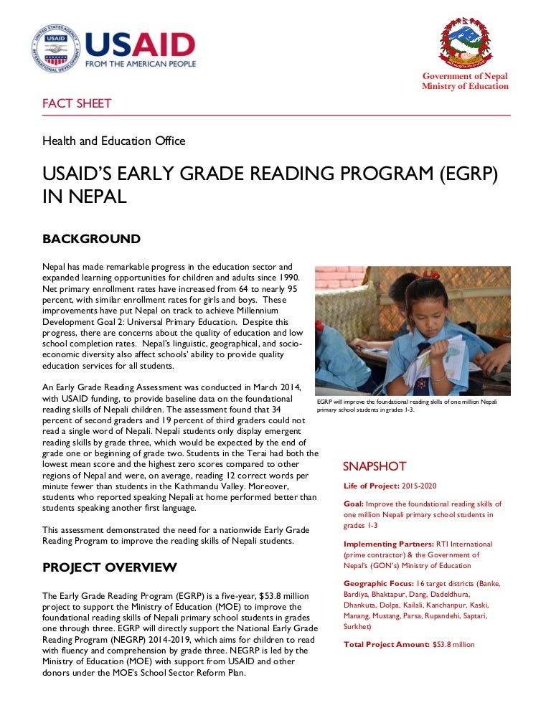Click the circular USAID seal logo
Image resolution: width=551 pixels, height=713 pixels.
point(55,48)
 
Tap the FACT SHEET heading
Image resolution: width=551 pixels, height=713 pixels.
point(77,103)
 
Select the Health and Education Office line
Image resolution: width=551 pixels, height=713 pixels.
point(114,141)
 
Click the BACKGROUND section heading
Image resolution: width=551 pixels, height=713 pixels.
point(91,239)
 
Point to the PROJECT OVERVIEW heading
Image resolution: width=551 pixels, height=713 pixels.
point(110,567)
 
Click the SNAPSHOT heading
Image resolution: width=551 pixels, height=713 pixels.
point(374,466)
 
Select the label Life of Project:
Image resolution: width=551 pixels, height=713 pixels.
point(372,486)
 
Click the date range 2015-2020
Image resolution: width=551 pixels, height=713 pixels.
point(419,486)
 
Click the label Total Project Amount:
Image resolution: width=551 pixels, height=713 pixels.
point(387,644)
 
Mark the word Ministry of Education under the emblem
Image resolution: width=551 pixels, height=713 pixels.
point(465,86)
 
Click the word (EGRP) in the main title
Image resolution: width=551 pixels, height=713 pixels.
point(458,174)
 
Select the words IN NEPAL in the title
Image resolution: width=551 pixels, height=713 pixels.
point(85,197)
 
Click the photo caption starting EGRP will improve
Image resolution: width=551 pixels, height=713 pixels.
point(406,406)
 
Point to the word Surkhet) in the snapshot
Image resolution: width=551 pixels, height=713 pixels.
point(360,626)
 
